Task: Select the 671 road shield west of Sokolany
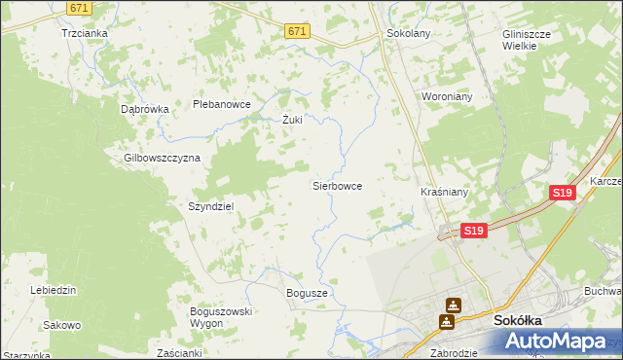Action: [298, 32]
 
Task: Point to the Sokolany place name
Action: [409, 32]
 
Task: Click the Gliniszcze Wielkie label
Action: [527, 38]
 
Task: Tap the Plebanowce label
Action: [222, 104]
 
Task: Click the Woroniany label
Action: [446, 97]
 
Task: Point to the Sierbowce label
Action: [337, 185]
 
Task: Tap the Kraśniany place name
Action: [444, 193]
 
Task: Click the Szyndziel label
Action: [211, 206]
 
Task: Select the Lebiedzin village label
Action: [54, 290]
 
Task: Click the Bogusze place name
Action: [307, 292]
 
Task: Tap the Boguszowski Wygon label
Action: [221, 316]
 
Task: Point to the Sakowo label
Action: [61, 325]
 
